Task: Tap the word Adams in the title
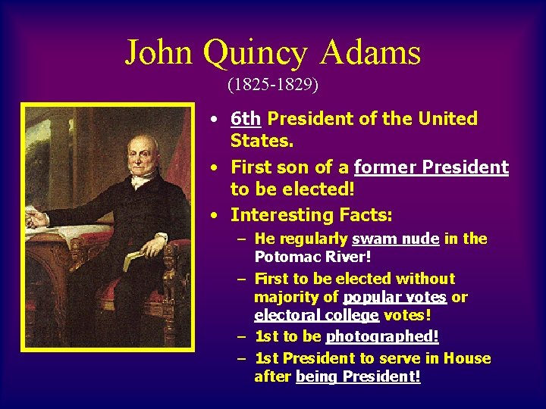(371, 52)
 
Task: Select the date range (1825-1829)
(272, 83)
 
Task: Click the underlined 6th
(246, 119)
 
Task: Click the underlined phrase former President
(431, 167)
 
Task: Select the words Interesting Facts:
(311, 215)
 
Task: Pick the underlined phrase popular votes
(394, 297)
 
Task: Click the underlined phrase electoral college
(316, 314)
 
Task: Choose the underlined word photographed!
(382, 336)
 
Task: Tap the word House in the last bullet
(466, 358)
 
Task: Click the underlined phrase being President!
(358, 376)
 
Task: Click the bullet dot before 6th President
(216, 120)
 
